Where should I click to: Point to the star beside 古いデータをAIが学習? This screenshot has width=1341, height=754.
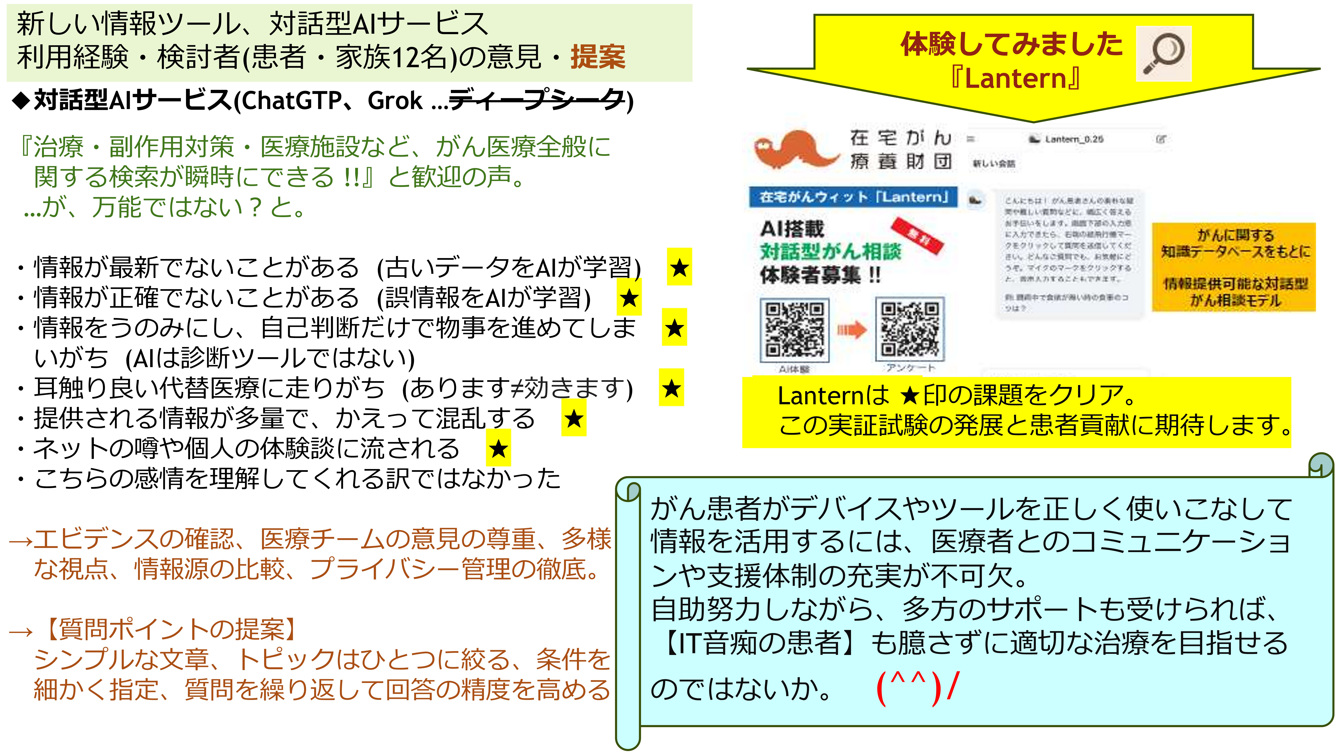click(679, 267)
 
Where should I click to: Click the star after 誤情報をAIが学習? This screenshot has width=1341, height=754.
click(629, 298)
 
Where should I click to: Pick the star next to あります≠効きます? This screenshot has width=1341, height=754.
click(671, 388)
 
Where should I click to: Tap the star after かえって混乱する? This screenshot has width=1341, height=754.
click(574, 418)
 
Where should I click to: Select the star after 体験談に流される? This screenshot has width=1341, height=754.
click(498, 448)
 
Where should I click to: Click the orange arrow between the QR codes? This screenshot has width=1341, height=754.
click(852, 330)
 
